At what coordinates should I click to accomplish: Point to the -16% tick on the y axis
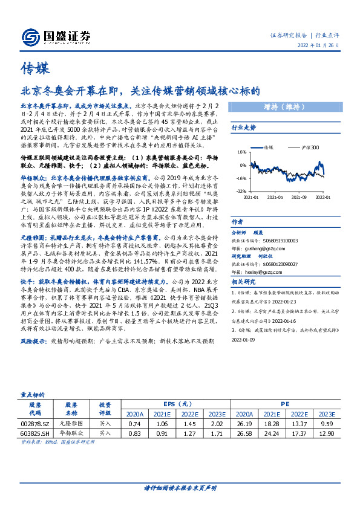pyautogui.click(x=241, y=178)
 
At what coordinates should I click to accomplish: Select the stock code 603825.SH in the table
pyautogui.click(x=34, y=433)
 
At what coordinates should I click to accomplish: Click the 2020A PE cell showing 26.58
pyautogui.click(x=244, y=433)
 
